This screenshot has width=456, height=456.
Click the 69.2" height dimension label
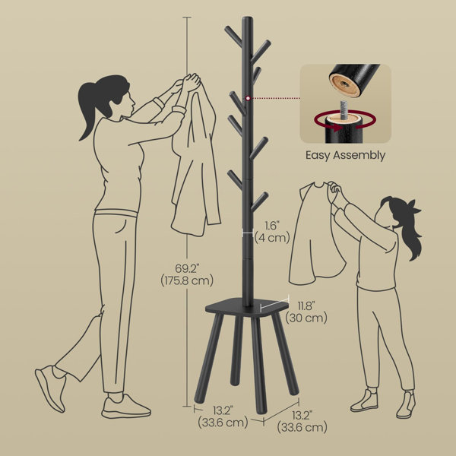(x=188, y=268)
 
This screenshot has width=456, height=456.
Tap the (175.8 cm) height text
(x=187, y=280)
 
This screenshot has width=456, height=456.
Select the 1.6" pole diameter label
(x=271, y=226)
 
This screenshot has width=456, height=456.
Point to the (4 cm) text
(x=273, y=238)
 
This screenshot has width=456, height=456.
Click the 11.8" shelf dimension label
(x=306, y=306)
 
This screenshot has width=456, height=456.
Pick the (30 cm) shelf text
(x=306, y=318)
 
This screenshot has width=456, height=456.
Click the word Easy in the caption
(x=318, y=156)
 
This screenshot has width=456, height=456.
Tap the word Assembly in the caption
(x=359, y=156)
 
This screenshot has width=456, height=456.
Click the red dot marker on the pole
(x=248, y=98)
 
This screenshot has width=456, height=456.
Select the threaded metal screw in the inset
(x=344, y=109)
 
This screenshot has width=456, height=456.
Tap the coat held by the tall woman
(x=196, y=160)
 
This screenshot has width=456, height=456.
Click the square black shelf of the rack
(x=247, y=307)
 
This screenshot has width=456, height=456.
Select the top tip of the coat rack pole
(x=247, y=17)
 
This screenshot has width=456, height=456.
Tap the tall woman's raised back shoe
(x=51, y=388)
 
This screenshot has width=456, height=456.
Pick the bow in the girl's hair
(x=414, y=207)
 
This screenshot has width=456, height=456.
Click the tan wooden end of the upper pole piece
(x=345, y=85)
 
